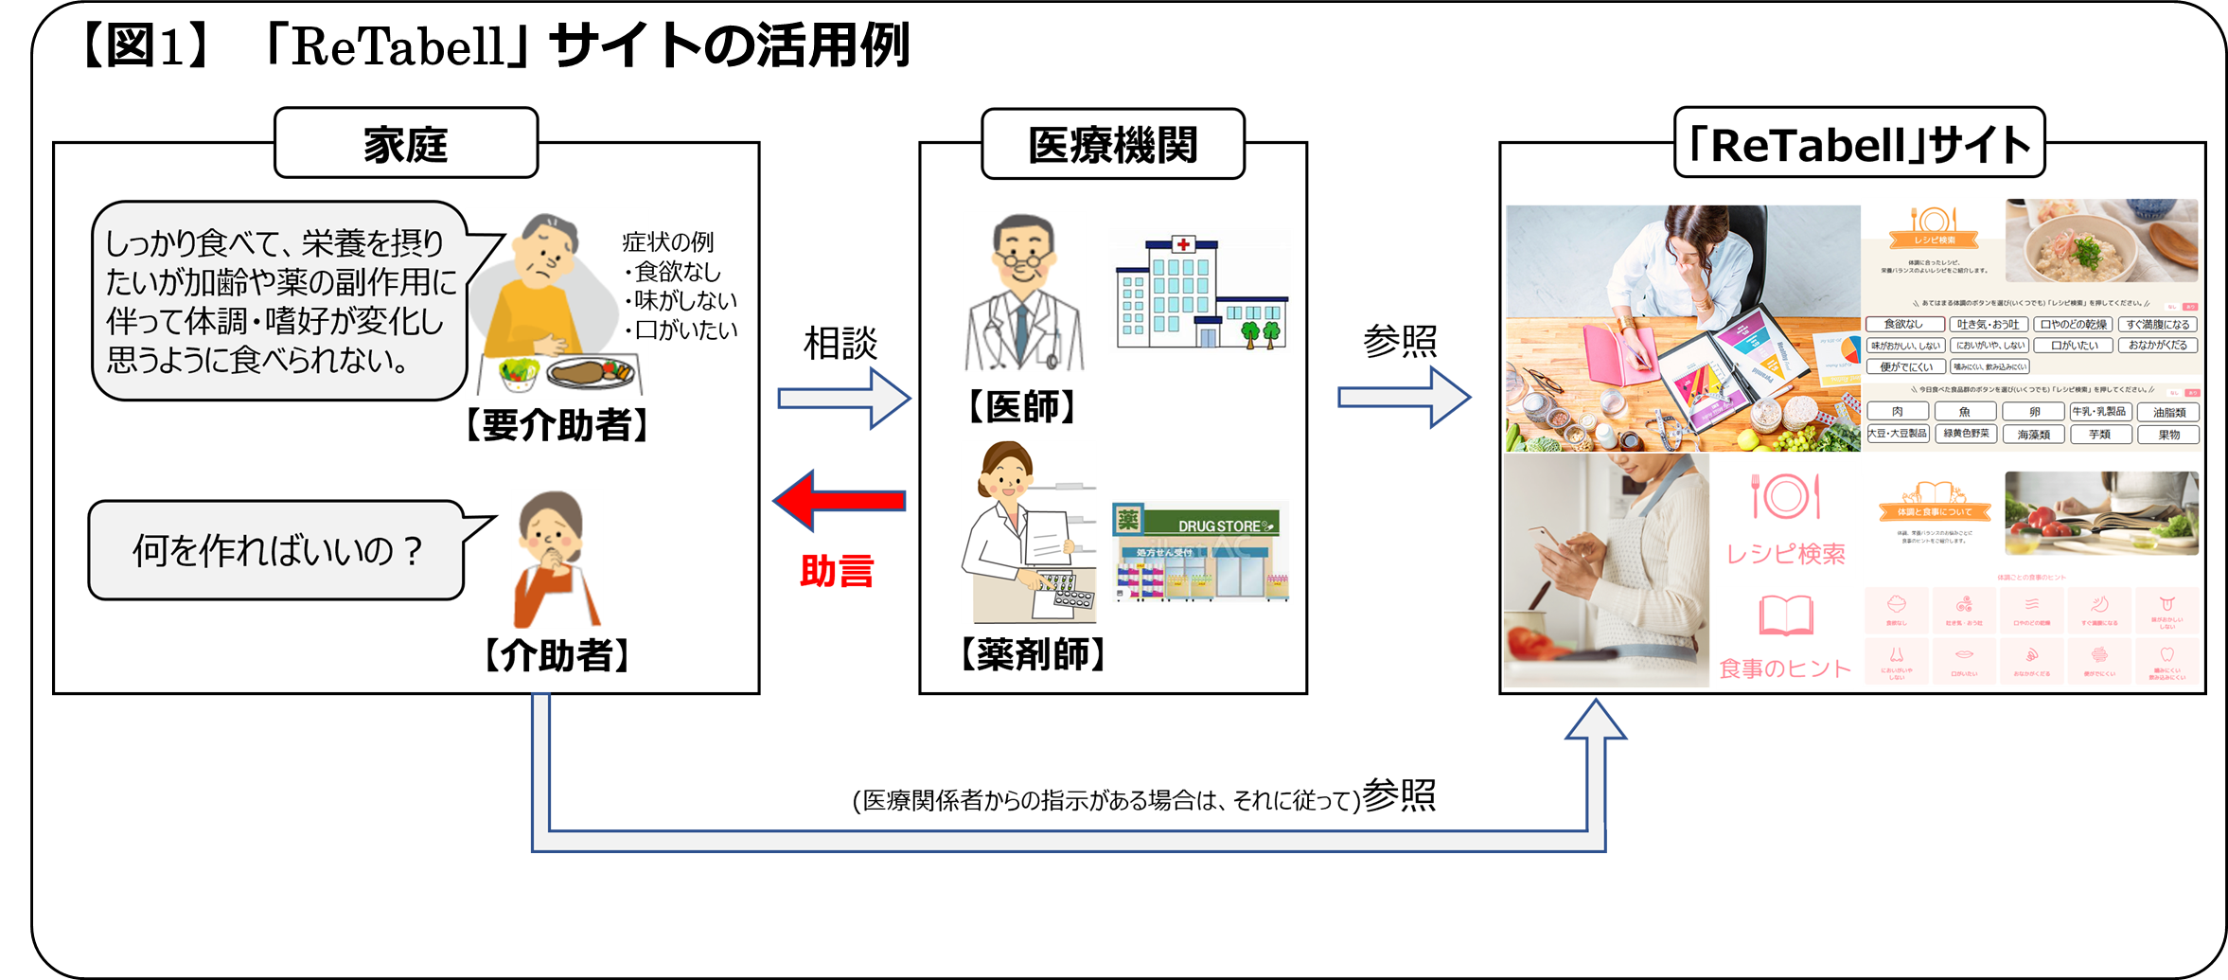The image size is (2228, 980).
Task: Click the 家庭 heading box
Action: click(x=405, y=143)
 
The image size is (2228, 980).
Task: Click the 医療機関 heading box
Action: click(x=1112, y=144)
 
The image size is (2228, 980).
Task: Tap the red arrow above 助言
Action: click(x=840, y=501)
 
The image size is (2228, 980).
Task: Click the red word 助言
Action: click(x=837, y=571)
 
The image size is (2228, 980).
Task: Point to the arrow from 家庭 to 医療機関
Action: click(x=843, y=399)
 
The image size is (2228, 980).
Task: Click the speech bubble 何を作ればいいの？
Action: click(x=275, y=550)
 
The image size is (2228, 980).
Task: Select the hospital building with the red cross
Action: click(x=1199, y=292)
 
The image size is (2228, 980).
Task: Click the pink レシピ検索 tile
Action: click(x=1786, y=519)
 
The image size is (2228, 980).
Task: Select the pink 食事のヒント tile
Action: click(x=1784, y=637)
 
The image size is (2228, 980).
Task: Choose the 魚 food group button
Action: click(x=1965, y=411)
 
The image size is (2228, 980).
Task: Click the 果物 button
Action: click(x=2168, y=435)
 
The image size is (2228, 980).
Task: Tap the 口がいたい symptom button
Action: click(x=2074, y=346)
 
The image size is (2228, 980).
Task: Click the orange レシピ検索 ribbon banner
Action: click(x=1933, y=240)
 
